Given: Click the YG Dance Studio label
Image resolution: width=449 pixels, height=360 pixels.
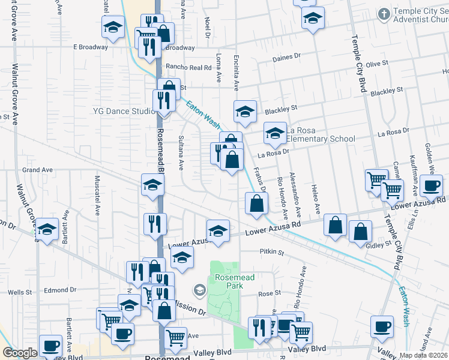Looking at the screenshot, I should pyautogui.click(x=124, y=111).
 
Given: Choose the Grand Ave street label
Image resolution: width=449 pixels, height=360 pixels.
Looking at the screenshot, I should pyautogui.click(x=38, y=170).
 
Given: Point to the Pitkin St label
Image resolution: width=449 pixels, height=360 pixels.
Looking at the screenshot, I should pyautogui.click(x=272, y=252).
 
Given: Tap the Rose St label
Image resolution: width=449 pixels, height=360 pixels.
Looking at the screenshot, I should pyautogui.click(x=270, y=293).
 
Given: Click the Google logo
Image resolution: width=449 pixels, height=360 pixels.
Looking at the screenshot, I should pyautogui.click(x=20, y=353).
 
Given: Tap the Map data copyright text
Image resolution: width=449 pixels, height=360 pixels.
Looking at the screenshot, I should pyautogui.click(x=423, y=355).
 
